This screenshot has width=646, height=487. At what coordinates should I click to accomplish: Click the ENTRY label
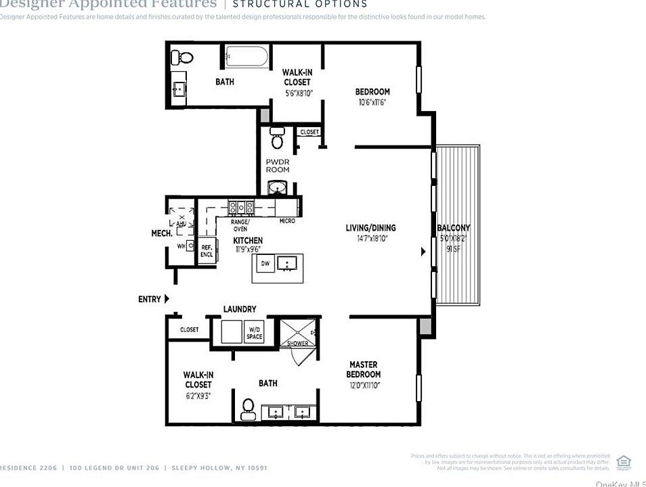point(150,299)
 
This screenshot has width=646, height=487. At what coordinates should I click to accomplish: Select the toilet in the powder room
point(277,137)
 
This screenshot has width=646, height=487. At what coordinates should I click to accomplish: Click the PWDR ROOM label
point(278,166)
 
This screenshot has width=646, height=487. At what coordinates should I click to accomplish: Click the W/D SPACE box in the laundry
point(254,332)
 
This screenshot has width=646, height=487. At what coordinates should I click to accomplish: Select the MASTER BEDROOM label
point(364,369)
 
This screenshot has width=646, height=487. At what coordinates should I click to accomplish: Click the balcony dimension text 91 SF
point(453,248)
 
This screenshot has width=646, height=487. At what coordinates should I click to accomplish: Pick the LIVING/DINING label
point(370,228)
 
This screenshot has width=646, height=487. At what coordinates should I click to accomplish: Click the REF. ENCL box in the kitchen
point(207,252)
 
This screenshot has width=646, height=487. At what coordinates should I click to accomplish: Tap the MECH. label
point(160,233)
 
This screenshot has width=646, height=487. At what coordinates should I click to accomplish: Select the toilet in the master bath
point(248,408)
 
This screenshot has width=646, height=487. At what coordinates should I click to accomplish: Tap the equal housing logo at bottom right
point(624,461)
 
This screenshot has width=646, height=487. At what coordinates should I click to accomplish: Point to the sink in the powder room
point(277,187)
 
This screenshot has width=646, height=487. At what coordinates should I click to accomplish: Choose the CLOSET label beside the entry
point(189,329)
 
